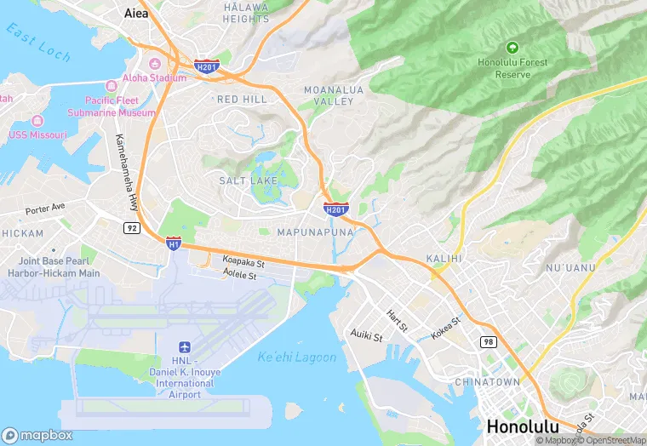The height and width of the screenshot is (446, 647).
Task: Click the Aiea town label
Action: tap(135, 13)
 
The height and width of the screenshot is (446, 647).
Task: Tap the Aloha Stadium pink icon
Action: tap(154, 65)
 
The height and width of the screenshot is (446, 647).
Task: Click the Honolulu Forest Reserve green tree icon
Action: tap(512, 47)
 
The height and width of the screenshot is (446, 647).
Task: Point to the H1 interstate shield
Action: tap(174, 243)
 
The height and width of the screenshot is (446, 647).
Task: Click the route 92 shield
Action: tap(130, 227)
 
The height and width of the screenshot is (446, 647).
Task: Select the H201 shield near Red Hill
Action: tap(207, 66)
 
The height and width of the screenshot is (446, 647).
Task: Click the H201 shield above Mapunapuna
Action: tap(335, 209)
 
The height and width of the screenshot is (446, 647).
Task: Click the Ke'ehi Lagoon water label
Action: tap(297, 357)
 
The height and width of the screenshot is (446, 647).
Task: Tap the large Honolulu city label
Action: tap(522, 426)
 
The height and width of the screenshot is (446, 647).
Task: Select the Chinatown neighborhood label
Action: tap(487, 382)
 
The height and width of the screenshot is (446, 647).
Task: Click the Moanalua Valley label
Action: tap(329, 95)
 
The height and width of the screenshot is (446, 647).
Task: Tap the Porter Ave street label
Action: tap(45, 208)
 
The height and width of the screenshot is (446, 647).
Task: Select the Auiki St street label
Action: tap(367, 335)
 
